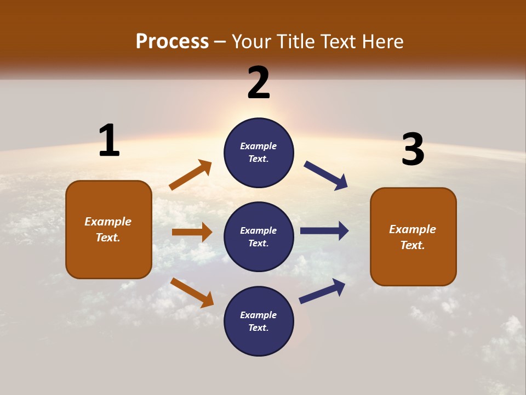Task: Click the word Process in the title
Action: [x=172, y=41]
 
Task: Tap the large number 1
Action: [x=109, y=140]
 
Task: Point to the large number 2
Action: [x=259, y=83]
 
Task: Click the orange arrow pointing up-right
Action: [x=190, y=175]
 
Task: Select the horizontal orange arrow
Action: [x=192, y=232]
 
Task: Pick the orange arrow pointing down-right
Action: [x=192, y=292]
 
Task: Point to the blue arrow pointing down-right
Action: [x=326, y=175]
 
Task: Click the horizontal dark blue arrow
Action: [x=324, y=231]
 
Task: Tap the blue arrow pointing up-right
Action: [x=322, y=291]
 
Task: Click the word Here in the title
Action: [x=382, y=41]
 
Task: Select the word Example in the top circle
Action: [x=259, y=146]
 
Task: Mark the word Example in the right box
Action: [x=413, y=229]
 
